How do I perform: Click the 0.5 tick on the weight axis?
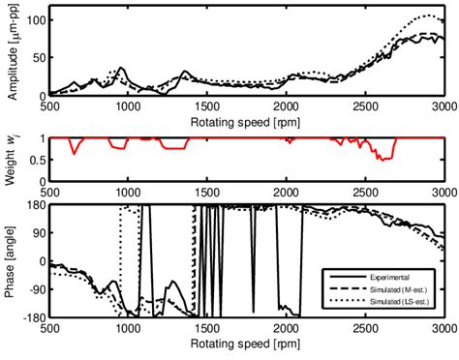click(35, 160)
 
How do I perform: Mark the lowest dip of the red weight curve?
click(384, 159)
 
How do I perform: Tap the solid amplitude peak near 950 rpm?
click(121, 68)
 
